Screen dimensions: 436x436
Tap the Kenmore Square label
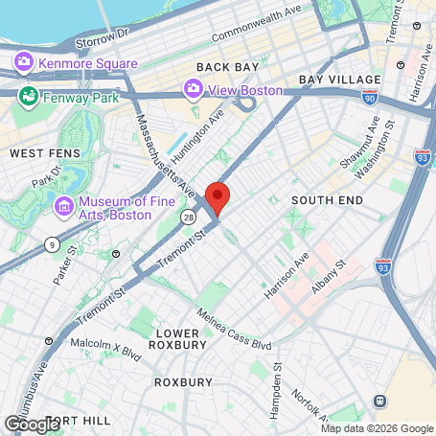coord(87,63)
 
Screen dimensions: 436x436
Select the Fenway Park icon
coord(29,97)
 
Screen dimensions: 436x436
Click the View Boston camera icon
coord(193,90)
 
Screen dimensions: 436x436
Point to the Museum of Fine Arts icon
coord(64,207)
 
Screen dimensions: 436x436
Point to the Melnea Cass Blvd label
coord(234,329)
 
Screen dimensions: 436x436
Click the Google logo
coord(32,423)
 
